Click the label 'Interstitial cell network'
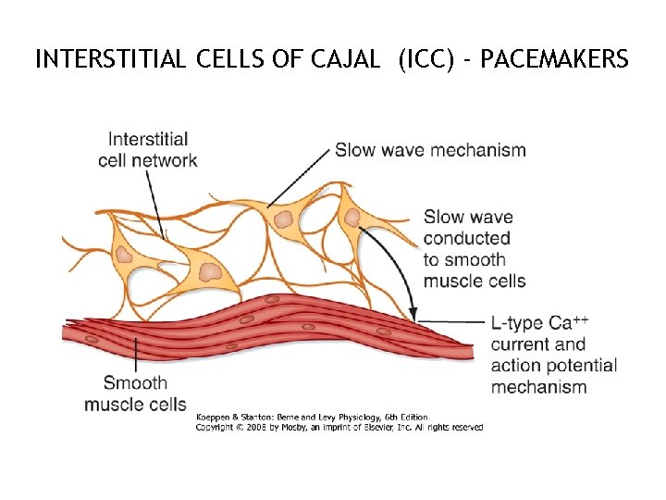pyautogui.click(x=148, y=149)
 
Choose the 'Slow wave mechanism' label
pyautogui.click(x=430, y=149)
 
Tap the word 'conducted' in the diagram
pyautogui.click(x=467, y=239)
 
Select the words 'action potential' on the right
pyautogui.click(x=554, y=366)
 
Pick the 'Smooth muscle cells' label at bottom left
pyautogui.click(x=135, y=393)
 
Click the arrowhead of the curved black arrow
pyautogui.click(x=413, y=315)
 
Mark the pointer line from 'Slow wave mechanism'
pyautogui.click(x=300, y=177)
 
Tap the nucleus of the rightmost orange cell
pyautogui.click(x=352, y=217)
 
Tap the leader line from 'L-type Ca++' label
pyautogui.click(x=453, y=322)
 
